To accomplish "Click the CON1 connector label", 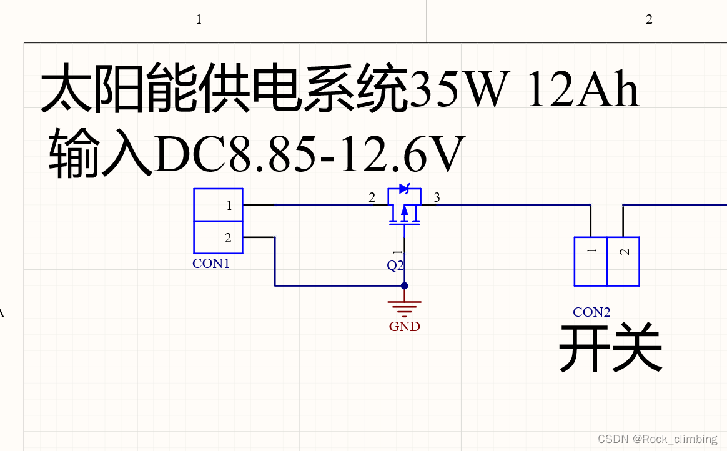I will click(211, 264).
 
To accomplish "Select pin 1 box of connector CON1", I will click(218, 205).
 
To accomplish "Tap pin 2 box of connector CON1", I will click(218, 237).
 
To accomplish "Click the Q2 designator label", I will click(395, 265).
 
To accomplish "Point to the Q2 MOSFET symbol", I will click(404, 209).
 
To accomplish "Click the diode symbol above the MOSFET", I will click(404, 188).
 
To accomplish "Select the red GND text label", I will click(405, 327).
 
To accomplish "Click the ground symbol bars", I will click(405, 307).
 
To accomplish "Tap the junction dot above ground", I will click(405, 286).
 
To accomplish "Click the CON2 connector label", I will click(591, 312).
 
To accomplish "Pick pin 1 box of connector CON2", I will click(591, 261).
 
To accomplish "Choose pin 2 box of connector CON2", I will click(623, 261).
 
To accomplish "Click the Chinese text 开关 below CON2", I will click(610, 349).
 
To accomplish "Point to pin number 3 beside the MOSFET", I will click(437, 198).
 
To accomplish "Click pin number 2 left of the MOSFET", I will click(372, 198).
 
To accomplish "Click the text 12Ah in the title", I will click(583, 91).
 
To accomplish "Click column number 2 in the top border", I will click(649, 19).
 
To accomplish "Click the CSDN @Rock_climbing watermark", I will click(657, 439).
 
